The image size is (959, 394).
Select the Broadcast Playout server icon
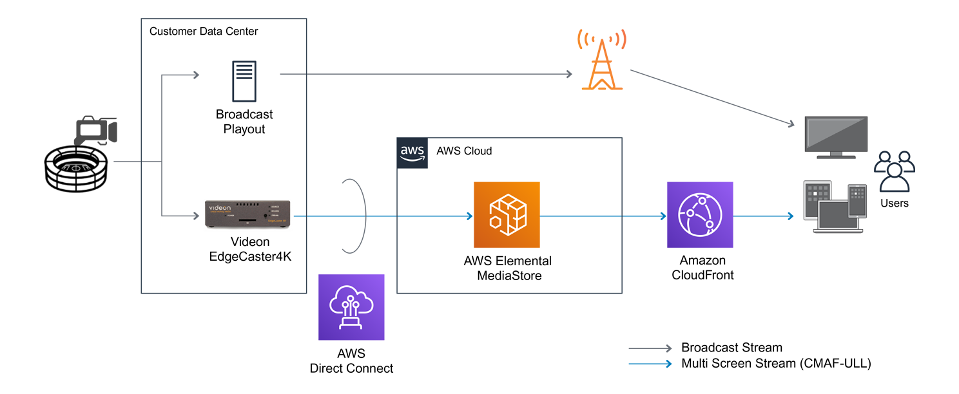(x=244, y=81)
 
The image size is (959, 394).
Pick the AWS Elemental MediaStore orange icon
(x=507, y=215)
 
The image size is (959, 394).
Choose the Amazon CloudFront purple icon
(x=700, y=215)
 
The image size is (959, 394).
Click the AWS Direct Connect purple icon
(x=351, y=307)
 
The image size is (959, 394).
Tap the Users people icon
(x=894, y=171)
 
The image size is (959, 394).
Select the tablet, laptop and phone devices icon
(x=835, y=206)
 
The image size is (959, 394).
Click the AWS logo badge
(x=412, y=153)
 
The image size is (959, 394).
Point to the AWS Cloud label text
(x=464, y=151)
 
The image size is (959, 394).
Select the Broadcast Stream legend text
(x=731, y=348)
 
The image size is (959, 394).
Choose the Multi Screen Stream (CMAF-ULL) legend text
(x=776, y=364)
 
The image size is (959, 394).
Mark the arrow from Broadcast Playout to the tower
(x=425, y=74)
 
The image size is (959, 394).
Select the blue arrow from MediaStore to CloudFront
(x=603, y=216)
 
